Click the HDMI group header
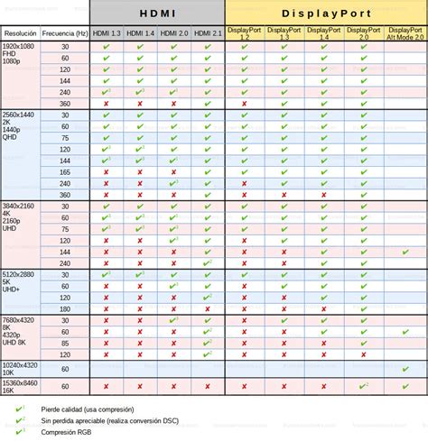pyautogui.click(x=157, y=13)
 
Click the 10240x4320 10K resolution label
pyautogui.click(x=19, y=369)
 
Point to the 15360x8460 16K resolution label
pyautogui.click(x=19, y=386)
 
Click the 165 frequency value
pyautogui.click(x=65, y=171)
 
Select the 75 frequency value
pyautogui.click(x=65, y=229)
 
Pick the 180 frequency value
pyautogui.click(x=65, y=308)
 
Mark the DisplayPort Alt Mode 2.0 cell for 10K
pyautogui.click(x=405, y=369)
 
